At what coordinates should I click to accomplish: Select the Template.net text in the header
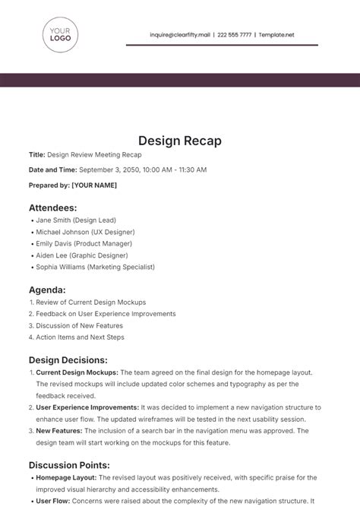(276, 34)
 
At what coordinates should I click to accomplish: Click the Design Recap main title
(180, 141)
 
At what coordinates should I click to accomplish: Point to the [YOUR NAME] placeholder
(95, 184)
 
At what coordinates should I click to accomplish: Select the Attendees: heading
(52, 207)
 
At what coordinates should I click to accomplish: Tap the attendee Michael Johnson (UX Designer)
(85, 232)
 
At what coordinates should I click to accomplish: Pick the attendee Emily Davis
(55, 243)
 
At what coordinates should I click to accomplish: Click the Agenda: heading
(47, 290)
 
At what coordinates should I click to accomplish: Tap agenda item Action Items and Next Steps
(80, 337)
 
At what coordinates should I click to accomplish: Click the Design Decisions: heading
(68, 360)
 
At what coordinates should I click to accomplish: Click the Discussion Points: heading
(69, 464)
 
